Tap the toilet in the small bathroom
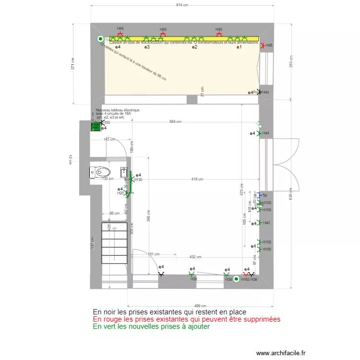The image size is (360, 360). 100,172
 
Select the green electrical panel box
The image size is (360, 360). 96,127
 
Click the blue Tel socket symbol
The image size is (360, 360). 259,195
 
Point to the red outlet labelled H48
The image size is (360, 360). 263,45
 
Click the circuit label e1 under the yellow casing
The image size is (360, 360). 238,47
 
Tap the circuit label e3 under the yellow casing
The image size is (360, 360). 147,47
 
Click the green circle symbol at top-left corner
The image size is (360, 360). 100,39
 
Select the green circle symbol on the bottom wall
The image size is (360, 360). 236,279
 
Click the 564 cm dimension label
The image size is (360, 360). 175,122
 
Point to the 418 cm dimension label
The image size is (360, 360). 197,179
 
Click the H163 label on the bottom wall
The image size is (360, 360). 245,279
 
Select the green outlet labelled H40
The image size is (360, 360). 259,223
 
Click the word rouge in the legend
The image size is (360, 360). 110,319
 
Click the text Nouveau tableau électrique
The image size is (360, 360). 118,110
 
